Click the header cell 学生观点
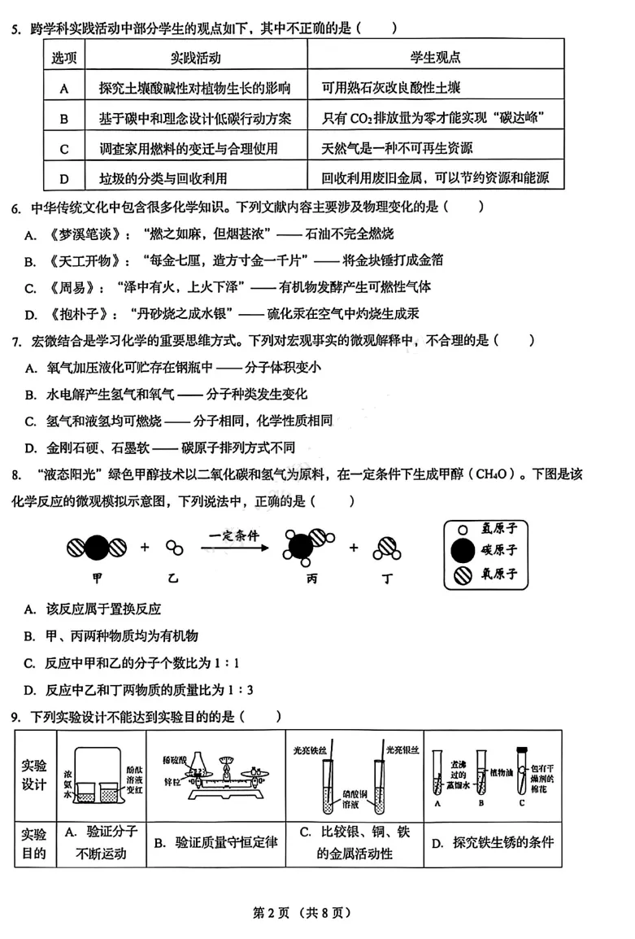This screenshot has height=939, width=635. [x=435, y=58]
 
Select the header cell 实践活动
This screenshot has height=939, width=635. [x=196, y=58]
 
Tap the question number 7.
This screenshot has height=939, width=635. [x=15, y=340]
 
